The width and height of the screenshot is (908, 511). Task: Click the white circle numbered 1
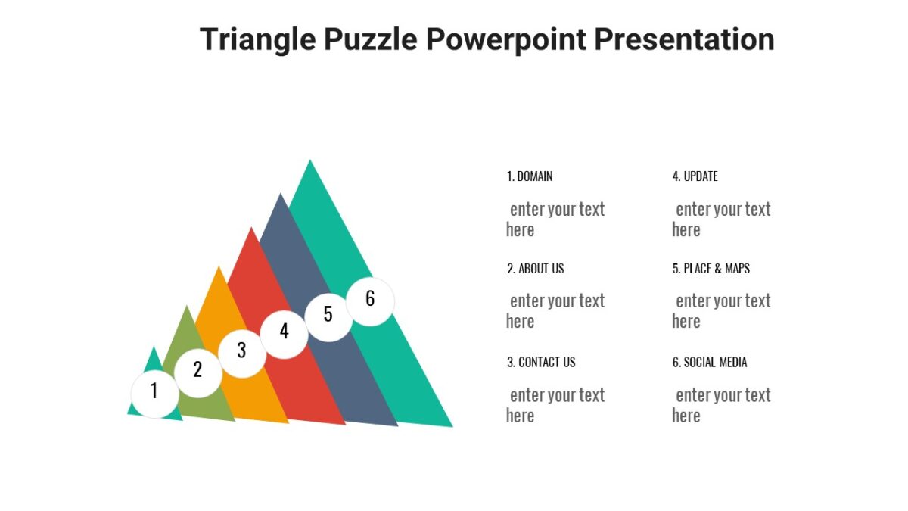coord(154,393)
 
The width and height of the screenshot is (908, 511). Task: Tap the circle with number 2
coord(198,372)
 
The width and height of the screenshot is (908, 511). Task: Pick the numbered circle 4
coord(285,332)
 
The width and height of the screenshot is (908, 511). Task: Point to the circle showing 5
coord(328,315)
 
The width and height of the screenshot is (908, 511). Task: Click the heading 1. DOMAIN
coord(530,176)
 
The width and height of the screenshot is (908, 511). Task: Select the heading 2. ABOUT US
coord(535,269)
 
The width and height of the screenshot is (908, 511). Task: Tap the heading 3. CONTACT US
coord(541,363)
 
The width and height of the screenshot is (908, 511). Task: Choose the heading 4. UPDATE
coord(695,176)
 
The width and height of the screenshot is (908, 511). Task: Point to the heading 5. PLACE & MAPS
coord(711,269)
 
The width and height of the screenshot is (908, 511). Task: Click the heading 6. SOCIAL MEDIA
coord(709,363)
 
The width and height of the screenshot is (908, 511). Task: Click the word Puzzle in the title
coord(371,39)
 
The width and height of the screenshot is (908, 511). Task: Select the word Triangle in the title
coord(257,39)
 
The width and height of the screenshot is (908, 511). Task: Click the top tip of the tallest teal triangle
coord(309,161)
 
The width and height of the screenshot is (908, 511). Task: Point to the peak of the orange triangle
coord(219,268)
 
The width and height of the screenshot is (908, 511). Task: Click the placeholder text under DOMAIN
coord(555,220)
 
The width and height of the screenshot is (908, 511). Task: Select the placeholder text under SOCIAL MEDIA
coord(721,405)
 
